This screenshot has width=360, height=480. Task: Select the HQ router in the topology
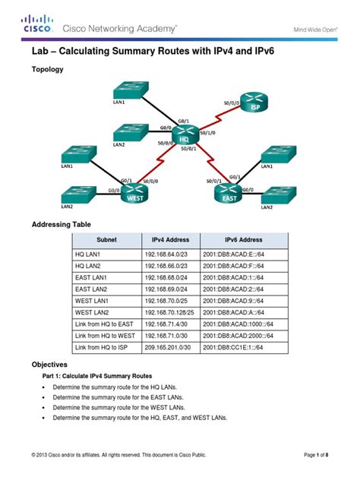point(183,136)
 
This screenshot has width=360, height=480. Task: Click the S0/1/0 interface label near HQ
point(207,131)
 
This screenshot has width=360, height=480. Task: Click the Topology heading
point(46,69)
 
